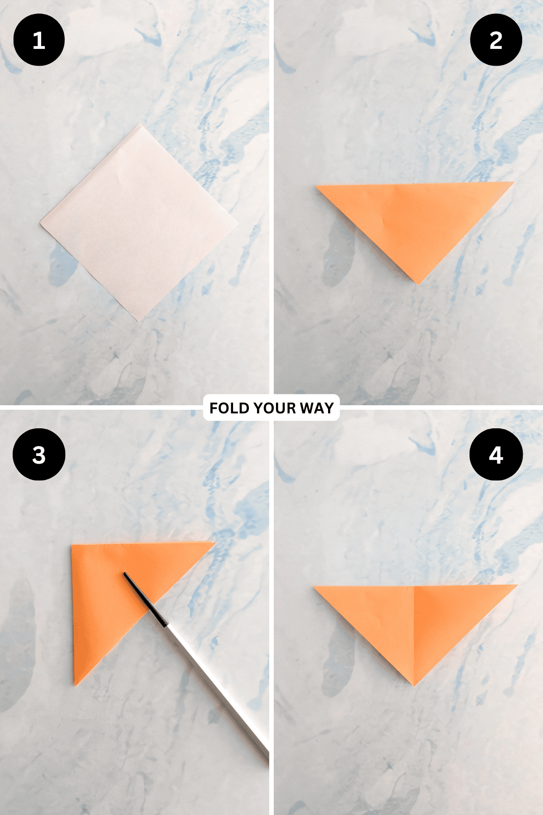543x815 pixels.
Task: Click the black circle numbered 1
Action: [x=39, y=40]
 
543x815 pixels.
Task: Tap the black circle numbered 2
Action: [x=496, y=40]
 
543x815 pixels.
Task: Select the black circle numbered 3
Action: [x=39, y=455]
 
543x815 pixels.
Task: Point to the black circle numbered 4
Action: [x=496, y=455]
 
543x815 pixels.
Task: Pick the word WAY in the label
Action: [x=317, y=408]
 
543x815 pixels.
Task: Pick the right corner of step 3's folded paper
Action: [x=214, y=542]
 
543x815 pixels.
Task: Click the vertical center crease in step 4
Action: [x=414, y=634]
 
